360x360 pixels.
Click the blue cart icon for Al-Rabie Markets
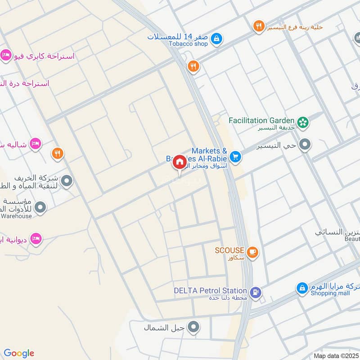[235, 157]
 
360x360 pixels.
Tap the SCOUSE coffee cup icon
[252, 252]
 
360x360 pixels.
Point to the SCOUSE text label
[229, 250]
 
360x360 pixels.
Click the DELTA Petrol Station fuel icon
[256, 292]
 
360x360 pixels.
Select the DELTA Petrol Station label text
[211, 291]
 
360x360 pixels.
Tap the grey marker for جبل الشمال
[194, 327]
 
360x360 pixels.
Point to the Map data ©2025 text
[336, 355]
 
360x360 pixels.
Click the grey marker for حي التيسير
[306, 145]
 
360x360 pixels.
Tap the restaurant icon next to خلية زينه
[258, 27]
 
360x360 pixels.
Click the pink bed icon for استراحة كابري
[5, 54]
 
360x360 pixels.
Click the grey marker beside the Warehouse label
[40, 207]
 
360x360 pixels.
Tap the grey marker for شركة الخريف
[67, 181]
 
